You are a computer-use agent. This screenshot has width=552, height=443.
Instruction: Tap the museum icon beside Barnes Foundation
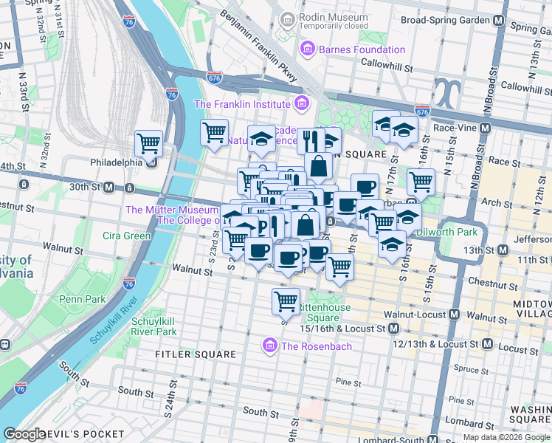308,49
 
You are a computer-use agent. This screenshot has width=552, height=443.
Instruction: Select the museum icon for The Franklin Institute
300,104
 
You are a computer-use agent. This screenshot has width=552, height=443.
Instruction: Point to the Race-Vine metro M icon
485,128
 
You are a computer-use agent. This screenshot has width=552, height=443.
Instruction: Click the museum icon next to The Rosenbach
270,346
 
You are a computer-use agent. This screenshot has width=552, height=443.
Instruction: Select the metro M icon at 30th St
108,188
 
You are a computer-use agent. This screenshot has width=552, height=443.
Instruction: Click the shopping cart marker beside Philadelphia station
148,142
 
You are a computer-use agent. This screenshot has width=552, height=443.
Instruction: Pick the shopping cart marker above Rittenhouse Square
286,300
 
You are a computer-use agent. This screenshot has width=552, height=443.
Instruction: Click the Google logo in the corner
25,434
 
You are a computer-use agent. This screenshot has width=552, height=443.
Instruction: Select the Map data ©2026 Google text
506,437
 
